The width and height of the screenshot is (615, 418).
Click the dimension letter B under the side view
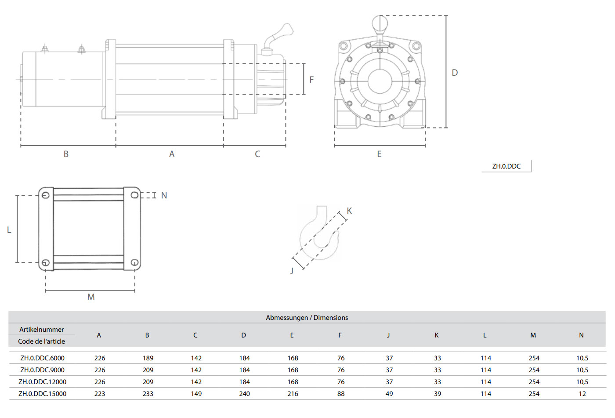click(66, 154)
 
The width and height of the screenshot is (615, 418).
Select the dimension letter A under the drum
click(172, 154)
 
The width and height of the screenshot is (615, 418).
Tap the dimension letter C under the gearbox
click(257, 154)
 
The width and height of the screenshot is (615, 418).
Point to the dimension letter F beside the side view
click(311, 80)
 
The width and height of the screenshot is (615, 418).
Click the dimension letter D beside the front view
click(455, 73)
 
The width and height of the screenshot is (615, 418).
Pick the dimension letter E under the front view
click(379, 154)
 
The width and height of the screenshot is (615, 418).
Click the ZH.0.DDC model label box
click(506, 166)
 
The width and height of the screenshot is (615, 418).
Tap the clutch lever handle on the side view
click(281, 33)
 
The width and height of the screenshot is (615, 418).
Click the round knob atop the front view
click(380, 23)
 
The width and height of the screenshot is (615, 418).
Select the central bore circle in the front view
click(380, 81)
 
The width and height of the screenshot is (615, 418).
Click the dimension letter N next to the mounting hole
click(164, 195)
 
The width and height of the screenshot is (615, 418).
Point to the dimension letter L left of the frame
click(9, 230)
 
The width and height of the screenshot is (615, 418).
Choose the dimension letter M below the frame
click(91, 297)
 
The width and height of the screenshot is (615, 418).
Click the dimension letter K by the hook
click(349, 211)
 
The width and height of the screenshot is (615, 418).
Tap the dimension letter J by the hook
click(291, 271)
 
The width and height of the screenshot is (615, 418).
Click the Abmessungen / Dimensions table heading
click(307, 318)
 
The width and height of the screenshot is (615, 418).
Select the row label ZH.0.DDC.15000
click(43, 394)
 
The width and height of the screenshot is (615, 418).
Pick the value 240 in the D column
click(244, 394)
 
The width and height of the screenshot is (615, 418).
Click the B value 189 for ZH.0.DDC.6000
click(148, 358)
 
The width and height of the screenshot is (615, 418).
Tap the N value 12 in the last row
click(582, 394)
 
